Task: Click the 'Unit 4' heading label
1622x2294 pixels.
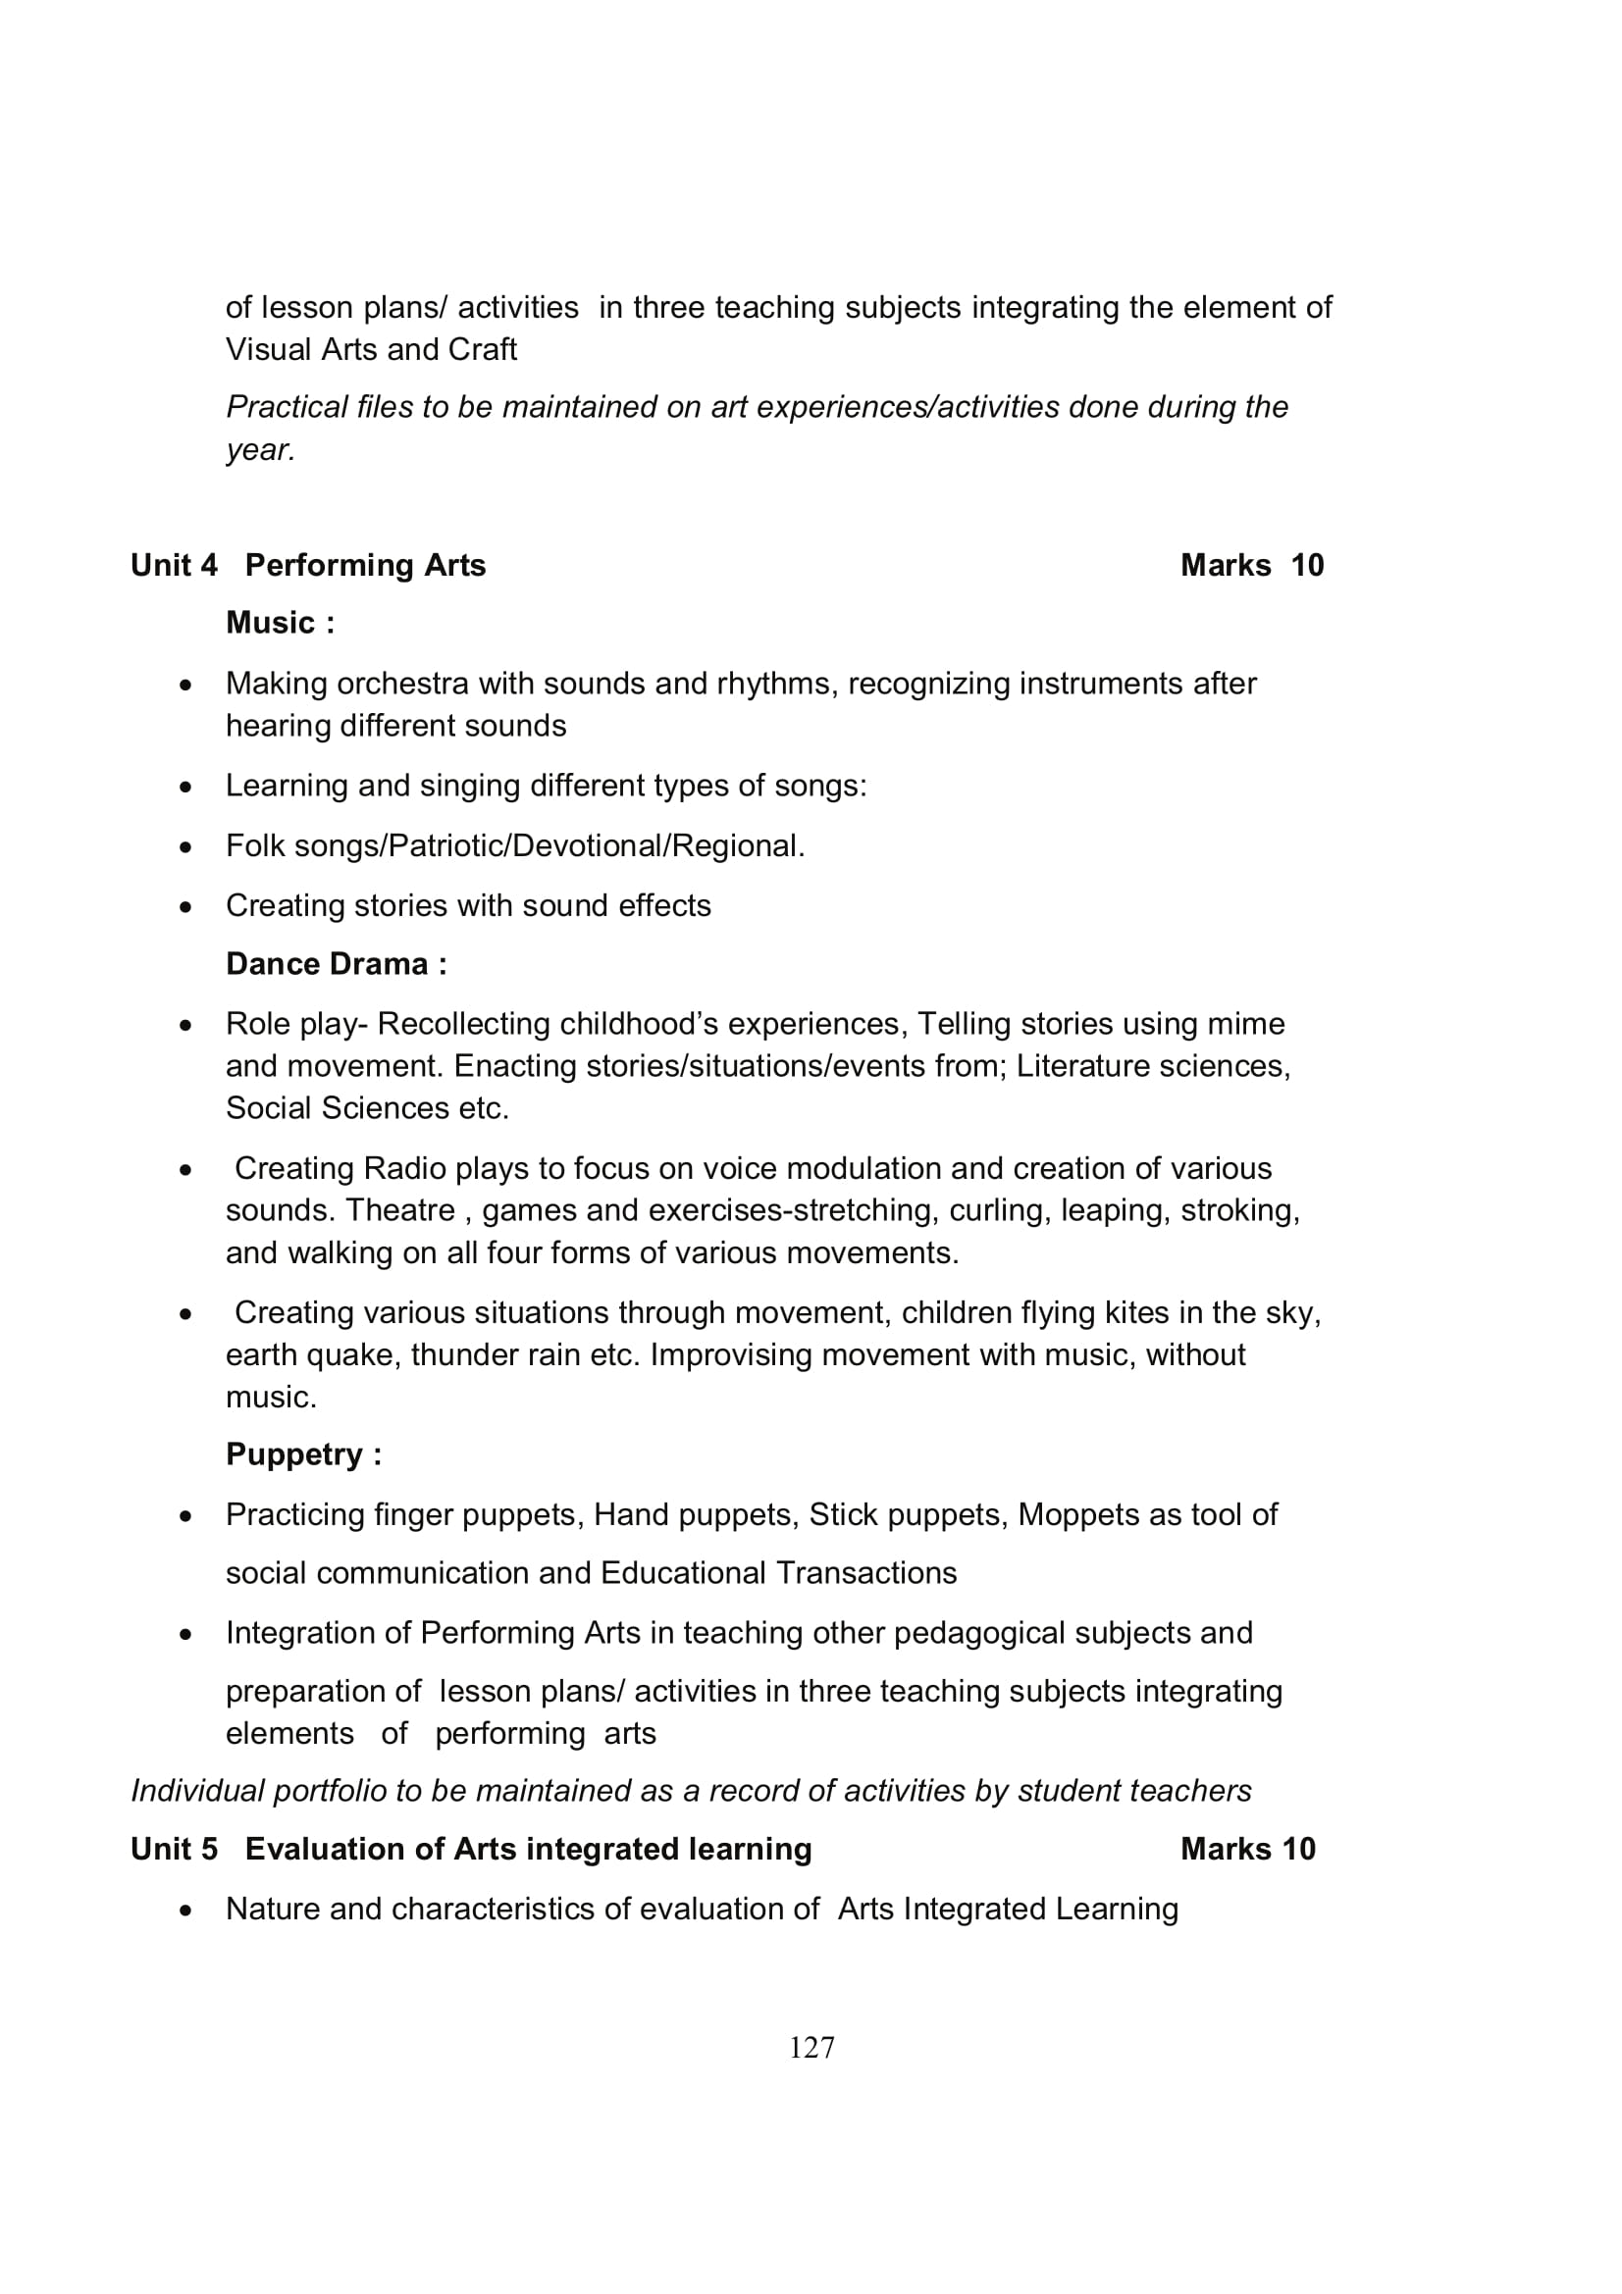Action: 174,566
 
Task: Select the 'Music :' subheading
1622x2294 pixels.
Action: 280,623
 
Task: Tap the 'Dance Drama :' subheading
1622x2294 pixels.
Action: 336,964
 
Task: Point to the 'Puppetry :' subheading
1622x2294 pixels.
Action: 304,1453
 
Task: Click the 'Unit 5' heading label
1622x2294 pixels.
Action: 174,1850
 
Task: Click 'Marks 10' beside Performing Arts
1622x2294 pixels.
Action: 1251,566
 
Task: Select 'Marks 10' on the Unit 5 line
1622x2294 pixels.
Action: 1247,1850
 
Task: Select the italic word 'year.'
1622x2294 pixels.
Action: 261,450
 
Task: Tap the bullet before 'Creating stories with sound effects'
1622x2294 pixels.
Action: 185,907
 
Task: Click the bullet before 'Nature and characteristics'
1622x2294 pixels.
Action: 185,1911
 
